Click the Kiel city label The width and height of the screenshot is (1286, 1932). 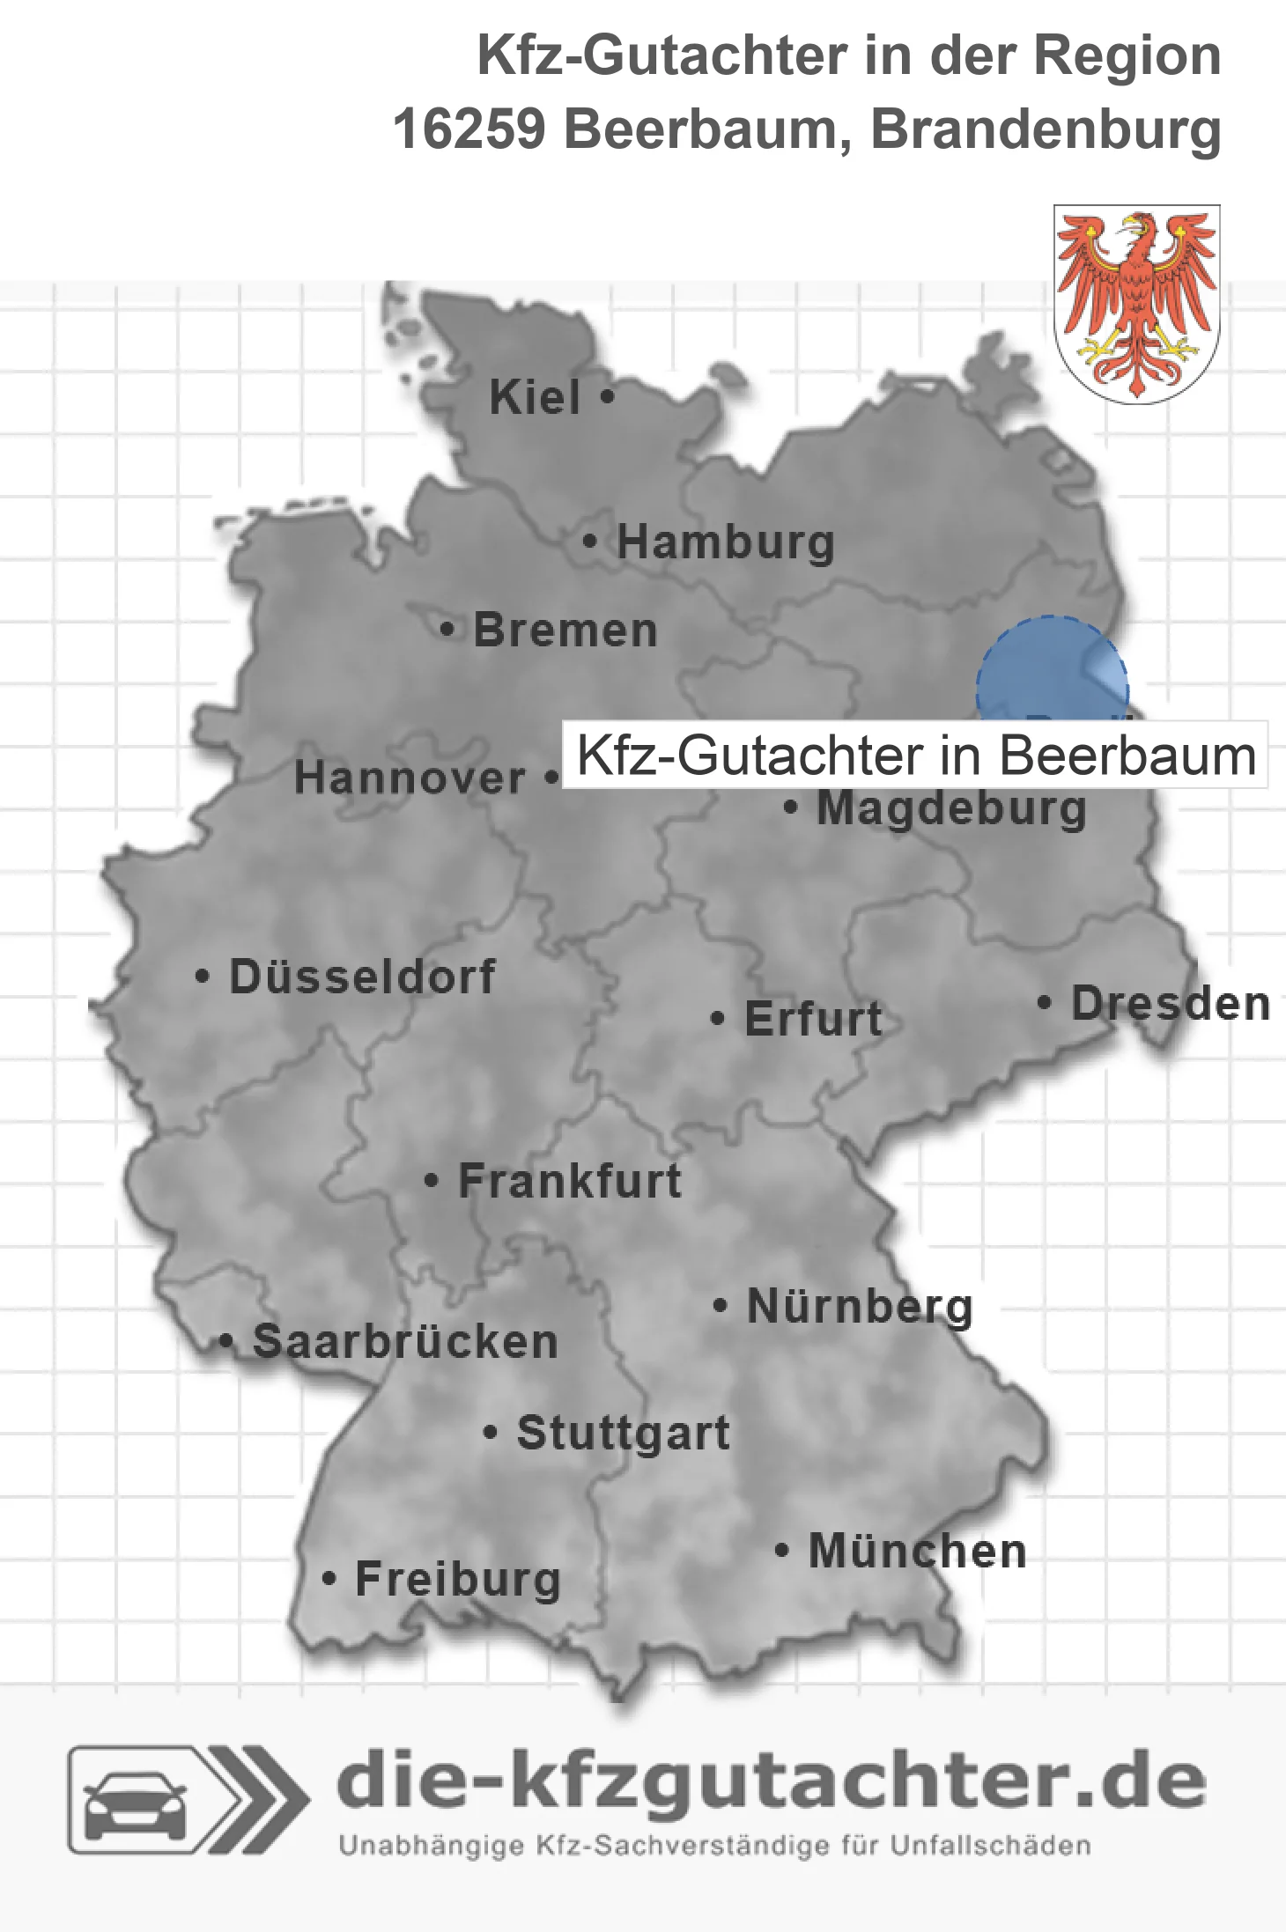(x=535, y=397)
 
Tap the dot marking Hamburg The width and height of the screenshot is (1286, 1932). (x=589, y=542)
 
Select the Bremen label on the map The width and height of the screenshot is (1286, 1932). (x=565, y=630)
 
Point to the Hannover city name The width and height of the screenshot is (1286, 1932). (x=410, y=778)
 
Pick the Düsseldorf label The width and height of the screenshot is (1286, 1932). (x=362, y=977)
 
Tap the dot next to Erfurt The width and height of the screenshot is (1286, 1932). (x=718, y=1019)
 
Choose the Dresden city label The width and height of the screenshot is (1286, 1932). (x=1171, y=1004)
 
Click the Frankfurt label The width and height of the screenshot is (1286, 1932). (x=570, y=1181)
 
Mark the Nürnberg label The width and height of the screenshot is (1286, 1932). (x=860, y=1307)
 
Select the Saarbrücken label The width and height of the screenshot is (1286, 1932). (x=405, y=1342)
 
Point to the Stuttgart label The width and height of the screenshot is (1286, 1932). (x=623, y=1433)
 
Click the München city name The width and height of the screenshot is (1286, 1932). (x=917, y=1552)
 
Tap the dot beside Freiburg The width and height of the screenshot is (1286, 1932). (x=329, y=1579)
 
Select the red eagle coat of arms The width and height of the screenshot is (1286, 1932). (x=1136, y=304)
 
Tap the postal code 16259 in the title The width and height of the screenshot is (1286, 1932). (x=469, y=129)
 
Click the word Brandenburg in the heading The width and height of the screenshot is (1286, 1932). (x=1046, y=129)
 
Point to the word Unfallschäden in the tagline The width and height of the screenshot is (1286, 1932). (x=990, y=1846)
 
